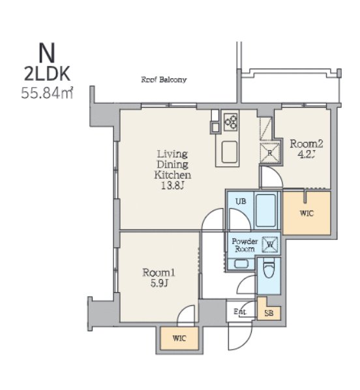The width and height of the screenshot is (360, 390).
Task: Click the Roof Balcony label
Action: [164, 80]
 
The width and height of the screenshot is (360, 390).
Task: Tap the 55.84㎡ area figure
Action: [47, 93]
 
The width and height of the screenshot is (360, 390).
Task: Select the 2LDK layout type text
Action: [47, 74]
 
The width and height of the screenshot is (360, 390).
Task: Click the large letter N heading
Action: [47, 53]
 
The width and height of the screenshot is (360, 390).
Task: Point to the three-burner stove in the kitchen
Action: [231, 122]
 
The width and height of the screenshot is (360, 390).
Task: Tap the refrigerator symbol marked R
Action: [270, 153]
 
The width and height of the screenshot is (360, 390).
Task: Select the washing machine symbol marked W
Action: [270, 245]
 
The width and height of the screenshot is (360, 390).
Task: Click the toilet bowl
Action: [269, 269]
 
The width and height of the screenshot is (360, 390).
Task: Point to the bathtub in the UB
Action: [265, 211]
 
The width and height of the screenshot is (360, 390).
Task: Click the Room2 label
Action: [307, 143]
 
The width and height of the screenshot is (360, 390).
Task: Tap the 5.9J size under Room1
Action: [159, 283]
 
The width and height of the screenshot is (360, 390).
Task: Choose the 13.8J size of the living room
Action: [173, 186]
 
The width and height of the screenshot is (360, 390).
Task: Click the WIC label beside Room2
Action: [307, 213]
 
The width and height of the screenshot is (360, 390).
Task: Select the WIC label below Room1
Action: [179, 338]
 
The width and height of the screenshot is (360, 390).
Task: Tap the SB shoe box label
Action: [269, 313]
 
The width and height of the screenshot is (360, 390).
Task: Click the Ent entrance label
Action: [240, 311]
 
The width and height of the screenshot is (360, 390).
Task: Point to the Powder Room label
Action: [245, 245]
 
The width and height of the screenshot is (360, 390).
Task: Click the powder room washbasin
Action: [241, 264]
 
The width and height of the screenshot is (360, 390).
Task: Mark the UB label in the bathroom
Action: [241, 201]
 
